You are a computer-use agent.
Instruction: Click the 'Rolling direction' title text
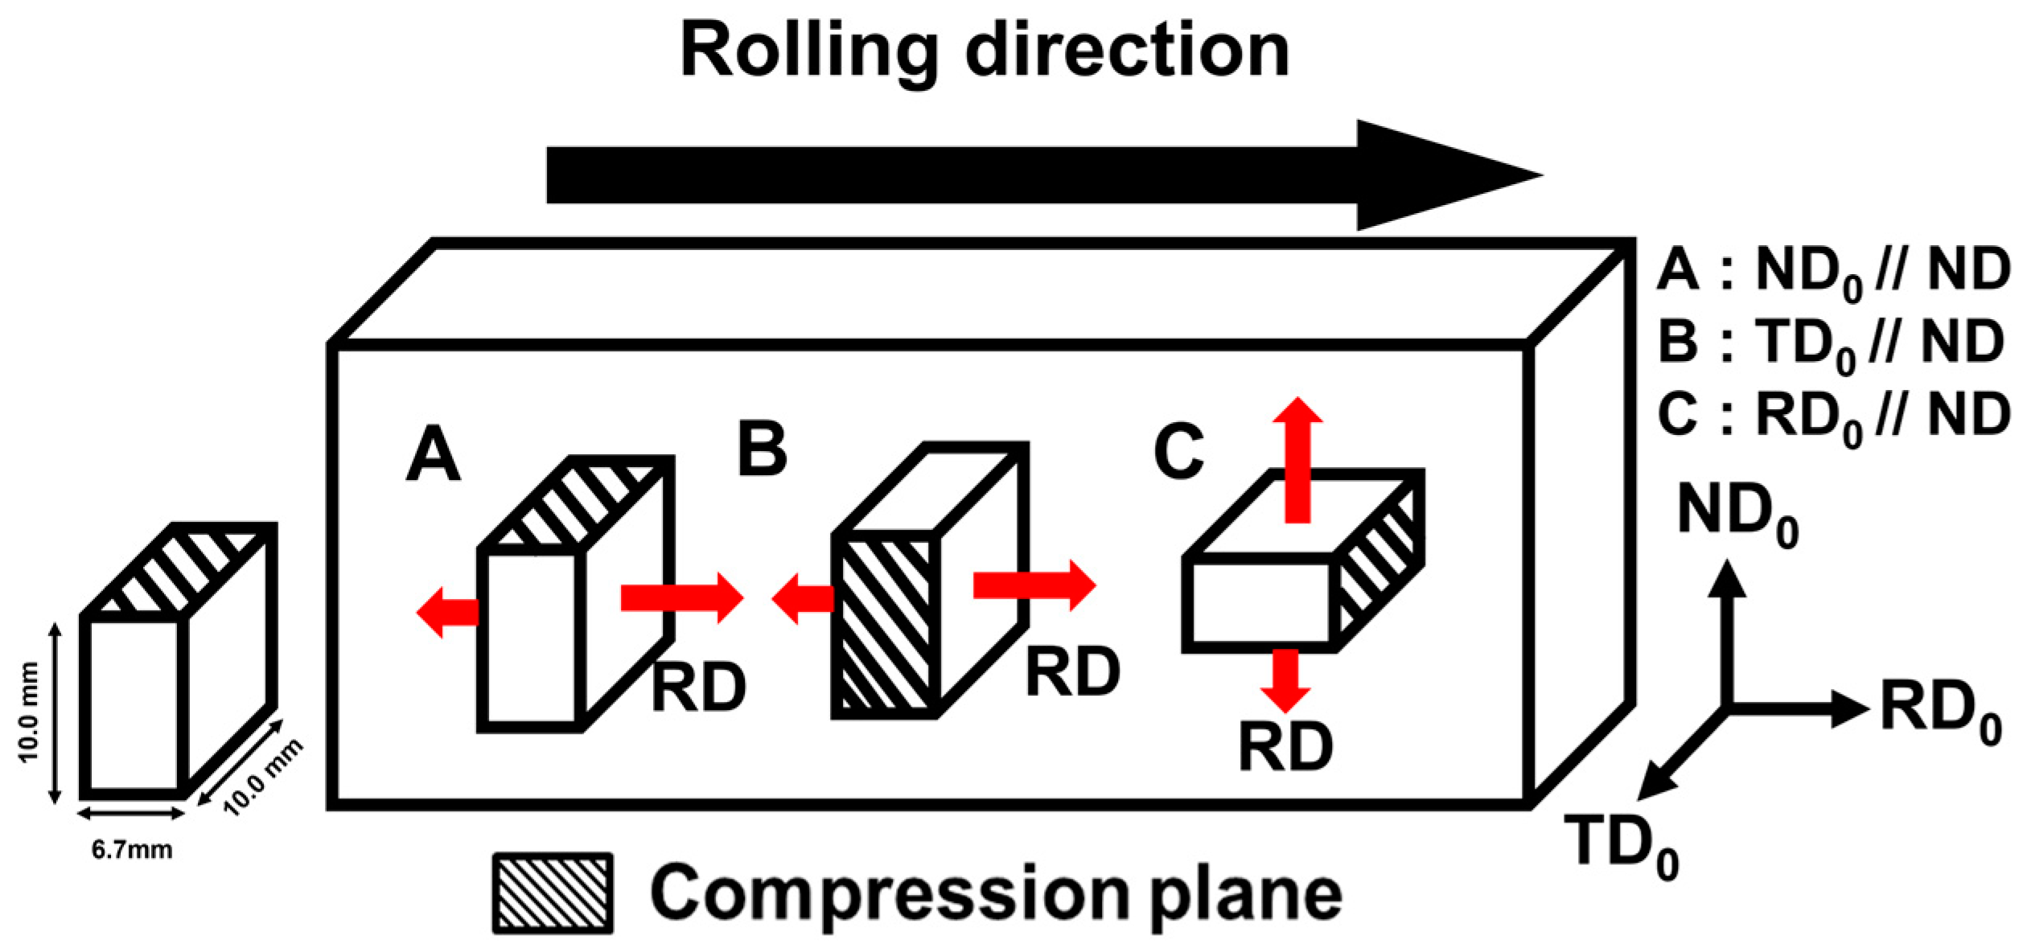[x=985, y=50]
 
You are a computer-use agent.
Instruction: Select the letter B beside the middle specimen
[x=762, y=449]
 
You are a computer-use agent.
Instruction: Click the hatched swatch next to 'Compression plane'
[x=553, y=893]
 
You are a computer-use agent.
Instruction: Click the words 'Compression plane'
[x=996, y=893]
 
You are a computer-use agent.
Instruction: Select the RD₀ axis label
[x=1939, y=711]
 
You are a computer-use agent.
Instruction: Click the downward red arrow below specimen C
[x=1285, y=679]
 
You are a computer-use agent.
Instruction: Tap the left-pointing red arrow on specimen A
[x=447, y=613]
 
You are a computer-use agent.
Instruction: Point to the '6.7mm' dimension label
[x=131, y=850]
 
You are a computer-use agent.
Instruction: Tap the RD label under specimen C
[x=1285, y=746]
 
